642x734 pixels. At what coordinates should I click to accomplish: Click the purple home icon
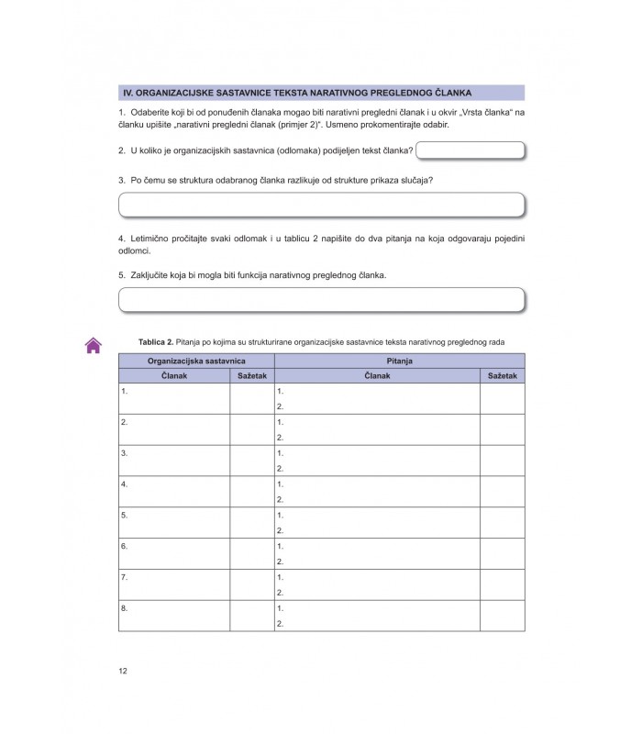point(93,345)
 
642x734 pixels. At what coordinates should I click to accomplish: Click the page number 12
point(123,671)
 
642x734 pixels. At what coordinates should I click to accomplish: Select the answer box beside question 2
point(470,150)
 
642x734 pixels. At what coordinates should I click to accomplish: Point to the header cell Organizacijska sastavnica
point(196,361)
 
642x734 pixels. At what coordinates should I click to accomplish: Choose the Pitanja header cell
point(400,361)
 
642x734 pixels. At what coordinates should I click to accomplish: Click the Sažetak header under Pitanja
point(503,376)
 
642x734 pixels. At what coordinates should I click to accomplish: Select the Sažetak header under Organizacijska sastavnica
point(251,376)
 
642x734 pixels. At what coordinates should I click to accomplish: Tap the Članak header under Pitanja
point(377,376)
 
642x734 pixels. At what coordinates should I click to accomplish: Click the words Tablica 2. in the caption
point(156,341)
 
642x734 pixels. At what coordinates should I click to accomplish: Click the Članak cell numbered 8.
point(174,616)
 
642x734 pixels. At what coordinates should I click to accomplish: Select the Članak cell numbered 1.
point(174,398)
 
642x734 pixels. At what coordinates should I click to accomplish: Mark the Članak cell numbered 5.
point(174,522)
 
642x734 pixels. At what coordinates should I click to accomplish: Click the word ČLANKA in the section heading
point(449,93)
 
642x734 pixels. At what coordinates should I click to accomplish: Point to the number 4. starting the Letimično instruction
point(122,239)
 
